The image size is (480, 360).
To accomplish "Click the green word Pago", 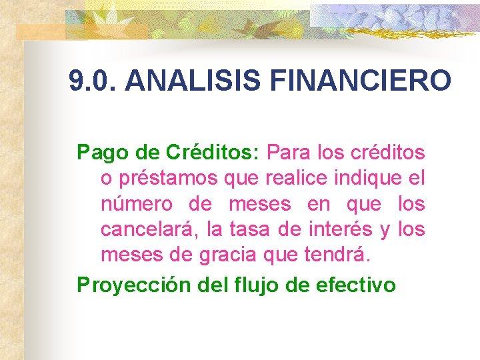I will click(x=97, y=153).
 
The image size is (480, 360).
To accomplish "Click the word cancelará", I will click(x=149, y=230).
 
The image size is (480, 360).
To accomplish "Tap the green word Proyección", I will click(x=135, y=285).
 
